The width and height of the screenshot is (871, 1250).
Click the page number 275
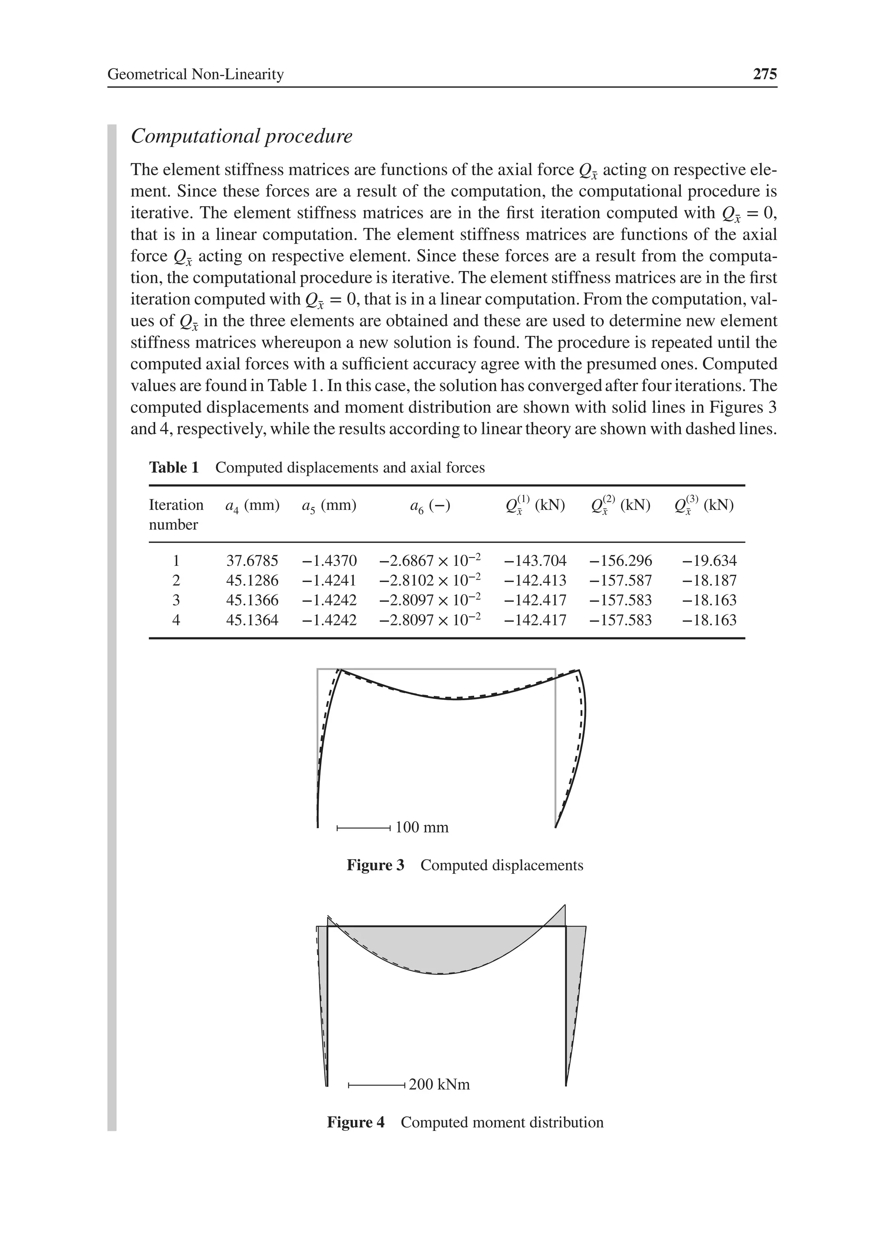point(764,74)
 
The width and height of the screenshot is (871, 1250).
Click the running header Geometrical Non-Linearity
point(196,74)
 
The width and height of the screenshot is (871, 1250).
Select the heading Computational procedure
point(241,136)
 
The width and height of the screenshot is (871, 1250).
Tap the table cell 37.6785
point(252,560)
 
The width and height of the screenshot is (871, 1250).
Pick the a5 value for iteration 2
point(329,580)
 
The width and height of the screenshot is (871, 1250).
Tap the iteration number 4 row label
point(176,620)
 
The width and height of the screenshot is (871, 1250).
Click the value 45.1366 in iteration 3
point(252,600)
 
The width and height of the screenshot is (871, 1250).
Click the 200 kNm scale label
point(439,1085)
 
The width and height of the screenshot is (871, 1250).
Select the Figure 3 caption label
point(375,865)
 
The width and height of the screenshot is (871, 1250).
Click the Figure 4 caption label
point(355,1122)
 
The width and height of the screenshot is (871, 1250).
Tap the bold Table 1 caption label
point(174,468)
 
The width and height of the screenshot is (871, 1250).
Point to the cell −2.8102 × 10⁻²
point(430,580)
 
